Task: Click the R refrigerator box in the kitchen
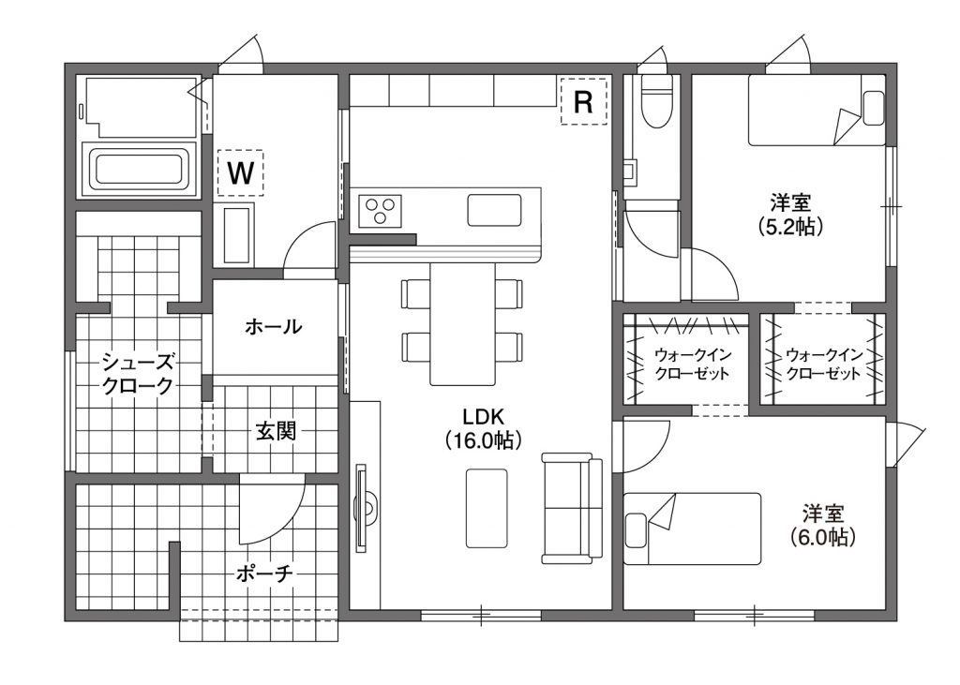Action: (583, 101)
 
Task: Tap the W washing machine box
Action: (241, 172)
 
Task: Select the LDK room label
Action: (483, 428)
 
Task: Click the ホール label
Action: (273, 326)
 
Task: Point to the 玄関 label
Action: (276, 432)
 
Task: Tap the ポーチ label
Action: (265, 573)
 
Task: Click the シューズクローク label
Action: (138, 373)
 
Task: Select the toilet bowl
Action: (657, 101)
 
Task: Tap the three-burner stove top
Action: (380, 211)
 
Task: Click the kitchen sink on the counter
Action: (495, 210)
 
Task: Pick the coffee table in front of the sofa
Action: (487, 508)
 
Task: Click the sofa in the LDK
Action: (572, 508)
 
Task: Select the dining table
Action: (462, 324)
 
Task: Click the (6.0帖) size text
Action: (822, 537)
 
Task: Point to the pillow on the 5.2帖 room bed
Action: (873, 109)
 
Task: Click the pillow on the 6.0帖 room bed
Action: (637, 530)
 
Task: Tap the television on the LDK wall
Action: (363, 508)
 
